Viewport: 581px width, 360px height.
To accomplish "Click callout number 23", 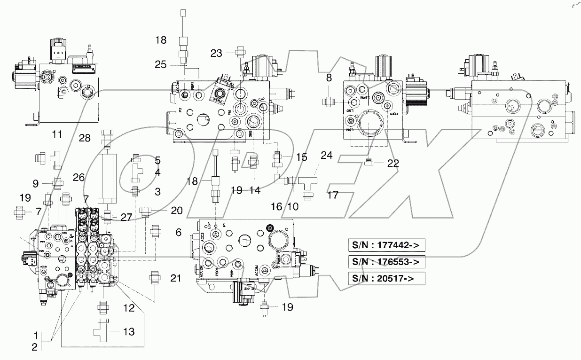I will pos(216,54).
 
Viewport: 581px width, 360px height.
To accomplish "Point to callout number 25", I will pos(161,64).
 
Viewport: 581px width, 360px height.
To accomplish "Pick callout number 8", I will pos(329,78).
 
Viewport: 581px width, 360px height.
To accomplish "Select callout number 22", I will pos(393,163).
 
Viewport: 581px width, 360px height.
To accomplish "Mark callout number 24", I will pos(327,155).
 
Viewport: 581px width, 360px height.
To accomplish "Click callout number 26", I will pos(79,178).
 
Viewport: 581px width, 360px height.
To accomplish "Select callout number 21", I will pos(175,278).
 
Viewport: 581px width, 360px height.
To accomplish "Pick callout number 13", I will pos(128,332).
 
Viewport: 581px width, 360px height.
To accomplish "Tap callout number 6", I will pos(178,232).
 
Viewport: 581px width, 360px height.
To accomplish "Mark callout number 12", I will pos(128,308).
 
